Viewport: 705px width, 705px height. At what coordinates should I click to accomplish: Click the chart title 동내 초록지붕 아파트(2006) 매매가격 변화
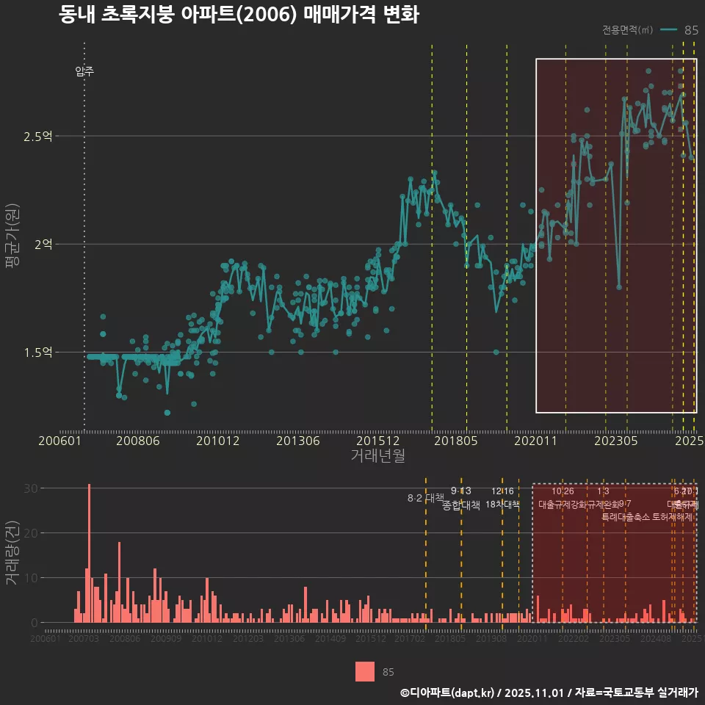(x=239, y=15)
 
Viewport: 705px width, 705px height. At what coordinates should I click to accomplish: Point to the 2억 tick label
(x=44, y=245)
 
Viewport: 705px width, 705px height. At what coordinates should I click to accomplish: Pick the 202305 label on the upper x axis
(x=615, y=441)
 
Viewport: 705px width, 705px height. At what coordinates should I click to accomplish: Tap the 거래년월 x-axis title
(x=377, y=455)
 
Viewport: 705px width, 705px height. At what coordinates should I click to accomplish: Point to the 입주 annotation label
(x=84, y=71)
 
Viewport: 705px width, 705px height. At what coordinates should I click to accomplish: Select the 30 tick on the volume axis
(x=30, y=488)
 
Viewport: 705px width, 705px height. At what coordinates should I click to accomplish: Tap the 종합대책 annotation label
(x=461, y=505)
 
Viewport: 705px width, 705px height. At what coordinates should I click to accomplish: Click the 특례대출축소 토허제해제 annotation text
(x=647, y=516)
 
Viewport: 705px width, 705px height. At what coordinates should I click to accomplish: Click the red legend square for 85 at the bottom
(x=365, y=671)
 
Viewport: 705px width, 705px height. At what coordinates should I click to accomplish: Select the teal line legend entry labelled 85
(x=679, y=30)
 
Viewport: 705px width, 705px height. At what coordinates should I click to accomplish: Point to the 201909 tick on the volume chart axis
(x=491, y=640)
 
